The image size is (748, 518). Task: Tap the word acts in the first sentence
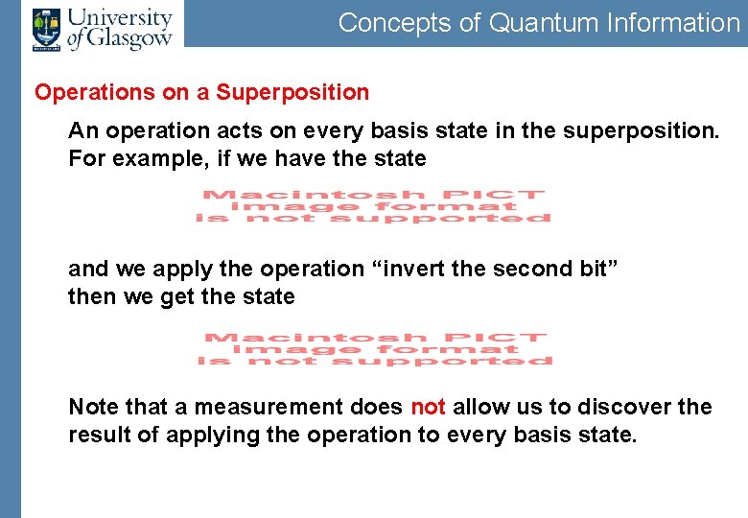pos(252,130)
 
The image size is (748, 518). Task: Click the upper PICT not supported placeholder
pos(374,206)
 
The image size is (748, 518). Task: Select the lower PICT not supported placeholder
pos(375,349)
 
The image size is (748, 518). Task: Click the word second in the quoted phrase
pos(529,269)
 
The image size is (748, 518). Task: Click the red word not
pos(428,407)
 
